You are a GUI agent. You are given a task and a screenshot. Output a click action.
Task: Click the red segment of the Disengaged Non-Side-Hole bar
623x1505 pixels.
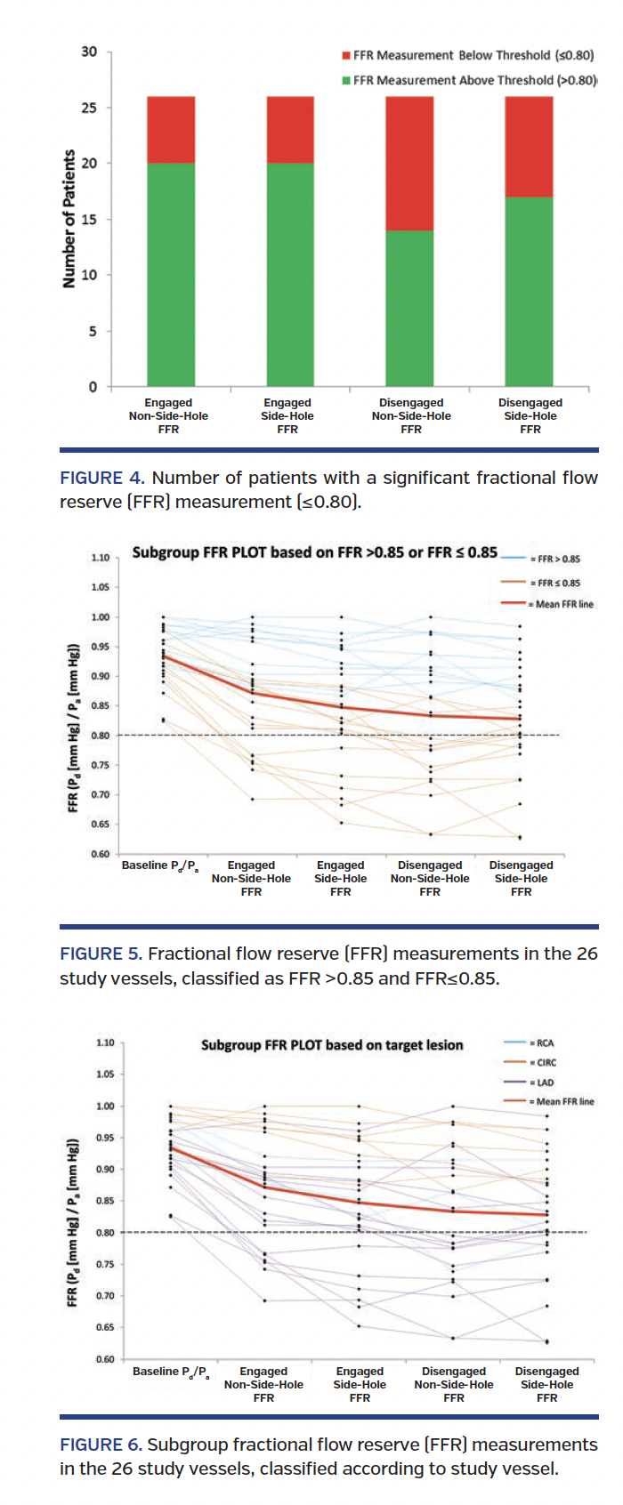[409, 164]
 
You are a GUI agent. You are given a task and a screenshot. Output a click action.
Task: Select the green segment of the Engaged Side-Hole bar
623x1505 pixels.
[290, 274]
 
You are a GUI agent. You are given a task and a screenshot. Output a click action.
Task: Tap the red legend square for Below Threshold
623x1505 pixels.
[346, 55]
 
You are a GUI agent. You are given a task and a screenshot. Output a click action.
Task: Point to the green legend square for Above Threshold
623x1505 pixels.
[346, 80]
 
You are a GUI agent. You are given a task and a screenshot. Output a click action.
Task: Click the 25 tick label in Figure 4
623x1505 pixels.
[89, 108]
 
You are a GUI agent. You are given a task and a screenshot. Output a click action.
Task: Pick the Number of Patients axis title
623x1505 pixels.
[69, 219]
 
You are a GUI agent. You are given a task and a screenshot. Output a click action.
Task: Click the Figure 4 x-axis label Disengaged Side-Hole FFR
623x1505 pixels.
[530, 415]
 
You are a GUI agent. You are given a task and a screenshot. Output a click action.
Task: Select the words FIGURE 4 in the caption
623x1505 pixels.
[101, 478]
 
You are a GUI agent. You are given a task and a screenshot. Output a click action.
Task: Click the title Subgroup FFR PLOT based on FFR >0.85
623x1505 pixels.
[314, 551]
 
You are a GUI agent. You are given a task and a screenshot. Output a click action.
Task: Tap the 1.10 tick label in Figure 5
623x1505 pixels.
[101, 558]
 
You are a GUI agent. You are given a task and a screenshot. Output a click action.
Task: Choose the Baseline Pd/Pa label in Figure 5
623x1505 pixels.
[160, 865]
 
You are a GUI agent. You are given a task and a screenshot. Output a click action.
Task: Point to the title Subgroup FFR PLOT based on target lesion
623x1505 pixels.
[332, 1044]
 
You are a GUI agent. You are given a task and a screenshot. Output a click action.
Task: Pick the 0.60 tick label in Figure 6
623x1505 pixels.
[105, 1358]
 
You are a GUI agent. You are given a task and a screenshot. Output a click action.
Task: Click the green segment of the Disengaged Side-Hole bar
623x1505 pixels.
[529, 291]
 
